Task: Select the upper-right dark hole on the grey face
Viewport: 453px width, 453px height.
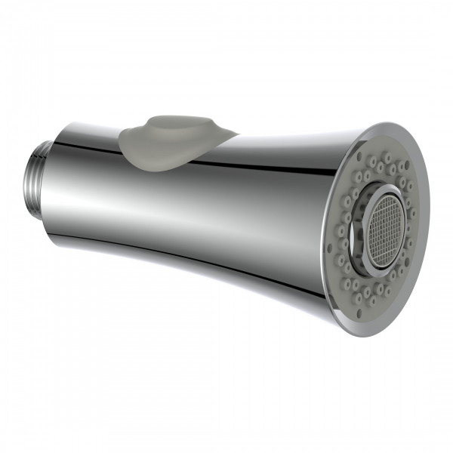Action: click(407, 163)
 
